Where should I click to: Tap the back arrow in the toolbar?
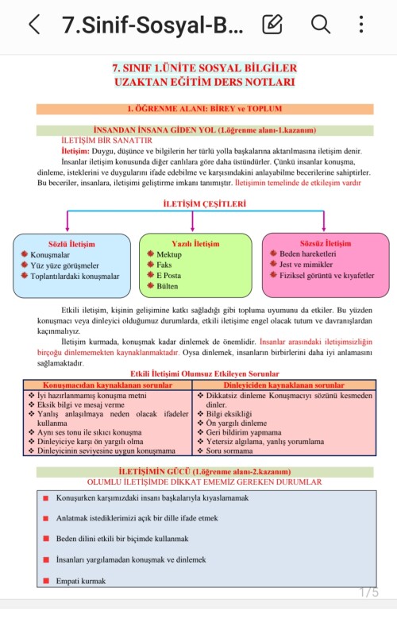coord(33,25)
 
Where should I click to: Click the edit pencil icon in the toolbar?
coord(272,25)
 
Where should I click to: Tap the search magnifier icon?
coord(320,25)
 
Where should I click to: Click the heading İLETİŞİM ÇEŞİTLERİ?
coord(198,204)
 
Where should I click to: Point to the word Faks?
coord(164,265)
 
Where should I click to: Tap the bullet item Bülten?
coord(168,285)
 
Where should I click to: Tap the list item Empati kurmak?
coord(81,581)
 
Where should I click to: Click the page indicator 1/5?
coord(369,593)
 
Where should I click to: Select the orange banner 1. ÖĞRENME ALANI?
coord(204,108)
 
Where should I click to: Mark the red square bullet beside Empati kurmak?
coord(45,581)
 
